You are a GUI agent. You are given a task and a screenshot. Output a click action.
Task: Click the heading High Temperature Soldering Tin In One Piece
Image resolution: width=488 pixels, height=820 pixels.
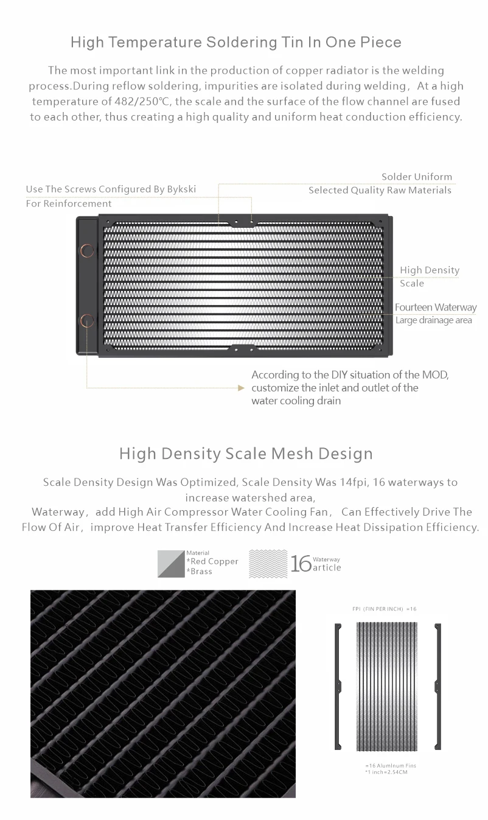point(235,43)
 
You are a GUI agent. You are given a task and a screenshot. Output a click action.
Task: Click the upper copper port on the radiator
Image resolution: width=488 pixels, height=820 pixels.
point(88,250)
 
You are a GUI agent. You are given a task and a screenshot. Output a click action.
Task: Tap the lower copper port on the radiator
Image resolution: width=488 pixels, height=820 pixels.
point(88,320)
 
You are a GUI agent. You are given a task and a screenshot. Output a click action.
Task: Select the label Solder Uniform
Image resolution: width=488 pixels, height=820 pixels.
point(417,177)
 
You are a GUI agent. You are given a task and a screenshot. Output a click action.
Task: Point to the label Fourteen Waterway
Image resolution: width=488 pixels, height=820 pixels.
point(435,307)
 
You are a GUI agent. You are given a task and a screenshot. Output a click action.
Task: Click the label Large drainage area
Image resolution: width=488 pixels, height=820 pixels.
point(433,320)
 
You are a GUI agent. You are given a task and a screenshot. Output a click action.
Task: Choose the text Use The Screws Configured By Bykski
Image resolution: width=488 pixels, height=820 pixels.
point(111,189)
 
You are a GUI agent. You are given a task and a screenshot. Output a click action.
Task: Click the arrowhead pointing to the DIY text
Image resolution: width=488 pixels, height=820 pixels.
point(240,388)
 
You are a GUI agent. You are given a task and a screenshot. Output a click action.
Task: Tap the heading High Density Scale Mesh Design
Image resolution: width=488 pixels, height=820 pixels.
point(246,454)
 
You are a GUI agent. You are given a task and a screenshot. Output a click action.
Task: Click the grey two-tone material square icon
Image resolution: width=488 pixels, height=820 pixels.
point(171,564)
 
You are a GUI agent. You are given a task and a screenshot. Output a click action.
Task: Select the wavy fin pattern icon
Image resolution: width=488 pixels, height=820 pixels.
point(268,564)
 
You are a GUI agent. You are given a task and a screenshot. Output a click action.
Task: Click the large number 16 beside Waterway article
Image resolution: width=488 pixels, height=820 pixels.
point(301,564)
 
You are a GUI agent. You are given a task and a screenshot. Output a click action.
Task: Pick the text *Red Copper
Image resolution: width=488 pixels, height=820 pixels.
point(212,561)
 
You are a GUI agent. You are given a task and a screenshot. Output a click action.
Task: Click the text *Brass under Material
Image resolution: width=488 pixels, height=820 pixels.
point(200,572)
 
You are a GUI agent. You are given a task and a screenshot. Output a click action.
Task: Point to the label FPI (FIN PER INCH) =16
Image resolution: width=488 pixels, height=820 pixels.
point(385,609)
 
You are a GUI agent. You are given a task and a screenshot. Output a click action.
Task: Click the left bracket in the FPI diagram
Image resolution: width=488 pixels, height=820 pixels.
point(338,686)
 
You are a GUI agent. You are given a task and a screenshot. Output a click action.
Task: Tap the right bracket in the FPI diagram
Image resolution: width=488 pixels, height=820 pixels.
point(437,686)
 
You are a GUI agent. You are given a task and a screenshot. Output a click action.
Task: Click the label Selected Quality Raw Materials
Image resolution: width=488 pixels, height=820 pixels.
point(380,191)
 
